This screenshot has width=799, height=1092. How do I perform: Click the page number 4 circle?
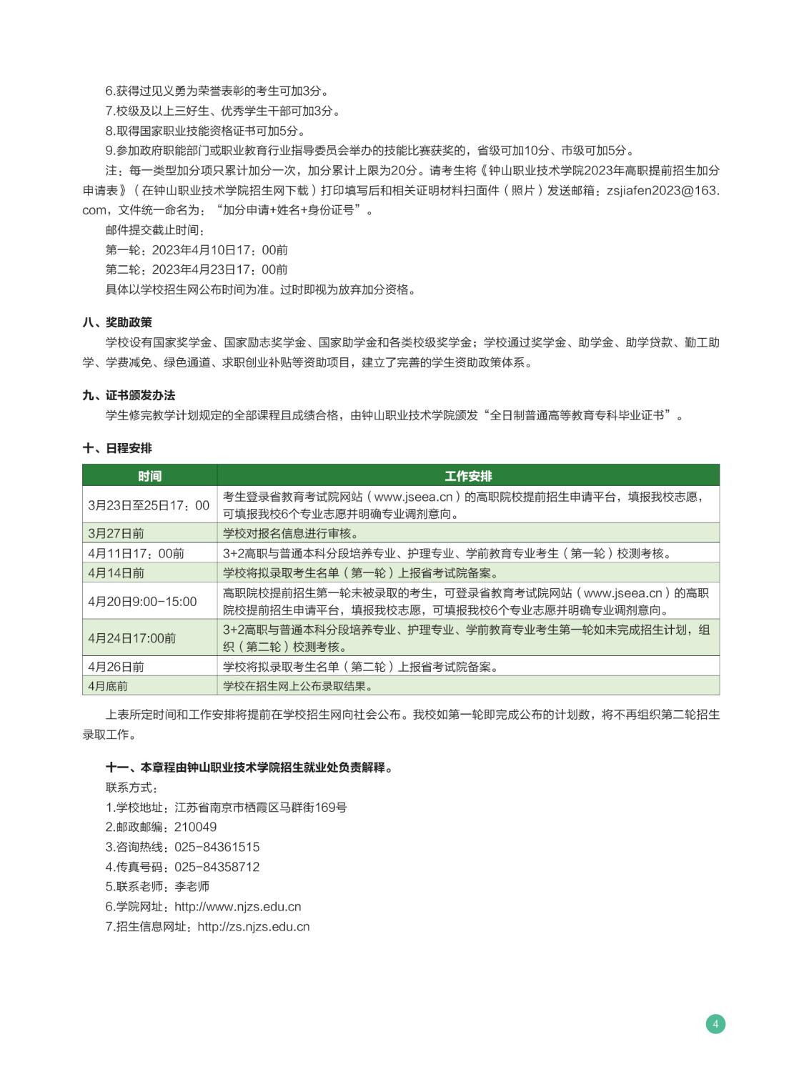[715, 1023]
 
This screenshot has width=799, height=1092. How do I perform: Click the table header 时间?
[149, 476]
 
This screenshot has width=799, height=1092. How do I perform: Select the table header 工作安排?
[468, 476]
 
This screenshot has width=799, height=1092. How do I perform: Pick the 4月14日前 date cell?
[116, 573]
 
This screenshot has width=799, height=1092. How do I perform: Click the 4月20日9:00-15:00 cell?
[142, 602]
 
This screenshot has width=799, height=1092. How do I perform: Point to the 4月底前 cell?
[108, 686]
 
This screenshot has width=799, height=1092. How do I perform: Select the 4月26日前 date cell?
[116, 667]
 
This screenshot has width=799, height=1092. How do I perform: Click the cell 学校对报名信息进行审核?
[291, 533]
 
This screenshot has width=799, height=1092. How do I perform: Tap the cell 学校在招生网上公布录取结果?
[298, 686]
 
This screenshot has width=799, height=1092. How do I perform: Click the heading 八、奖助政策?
[117, 322]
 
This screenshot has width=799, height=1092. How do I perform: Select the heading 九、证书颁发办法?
[129, 395]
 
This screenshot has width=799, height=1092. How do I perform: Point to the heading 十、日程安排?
[117, 448]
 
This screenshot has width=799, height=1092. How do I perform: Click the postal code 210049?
[195, 827]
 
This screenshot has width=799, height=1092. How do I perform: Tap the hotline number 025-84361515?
[217, 847]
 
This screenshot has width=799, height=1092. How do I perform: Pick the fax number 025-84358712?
[217, 867]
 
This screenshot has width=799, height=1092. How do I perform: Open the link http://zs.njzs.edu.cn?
[253, 926]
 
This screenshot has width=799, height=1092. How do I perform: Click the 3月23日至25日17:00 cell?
[149, 505]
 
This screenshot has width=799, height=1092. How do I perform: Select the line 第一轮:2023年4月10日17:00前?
[197, 249]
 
